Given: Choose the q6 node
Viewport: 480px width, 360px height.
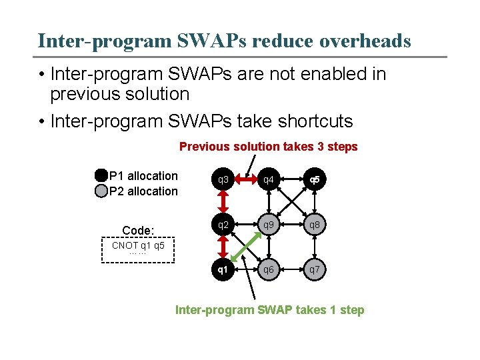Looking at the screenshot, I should (269, 270).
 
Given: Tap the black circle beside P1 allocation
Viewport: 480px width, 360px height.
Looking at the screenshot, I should (101, 176).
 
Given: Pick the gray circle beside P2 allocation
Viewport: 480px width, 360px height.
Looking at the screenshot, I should (101, 191).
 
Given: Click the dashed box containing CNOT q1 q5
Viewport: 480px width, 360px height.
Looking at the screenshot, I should (138, 251).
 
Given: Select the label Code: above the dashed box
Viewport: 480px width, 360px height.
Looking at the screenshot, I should (138, 230).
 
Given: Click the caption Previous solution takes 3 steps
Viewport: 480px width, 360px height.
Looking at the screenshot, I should (268, 147).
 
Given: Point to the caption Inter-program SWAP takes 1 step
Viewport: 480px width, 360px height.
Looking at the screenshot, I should (269, 310).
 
